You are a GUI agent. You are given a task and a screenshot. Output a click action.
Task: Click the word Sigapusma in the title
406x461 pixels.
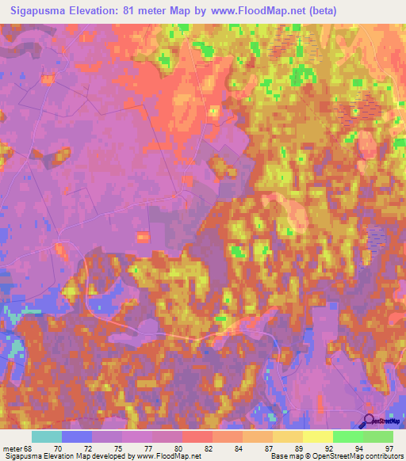[x=38, y=10]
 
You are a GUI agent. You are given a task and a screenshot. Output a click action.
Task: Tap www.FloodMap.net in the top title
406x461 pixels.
[x=255, y=10]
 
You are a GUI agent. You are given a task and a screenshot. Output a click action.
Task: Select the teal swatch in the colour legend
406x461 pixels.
[x=47, y=437]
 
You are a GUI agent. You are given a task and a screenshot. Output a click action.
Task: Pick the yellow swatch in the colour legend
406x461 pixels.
[x=318, y=437]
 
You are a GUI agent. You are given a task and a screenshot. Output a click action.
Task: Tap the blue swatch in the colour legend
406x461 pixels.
[x=77, y=437]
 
